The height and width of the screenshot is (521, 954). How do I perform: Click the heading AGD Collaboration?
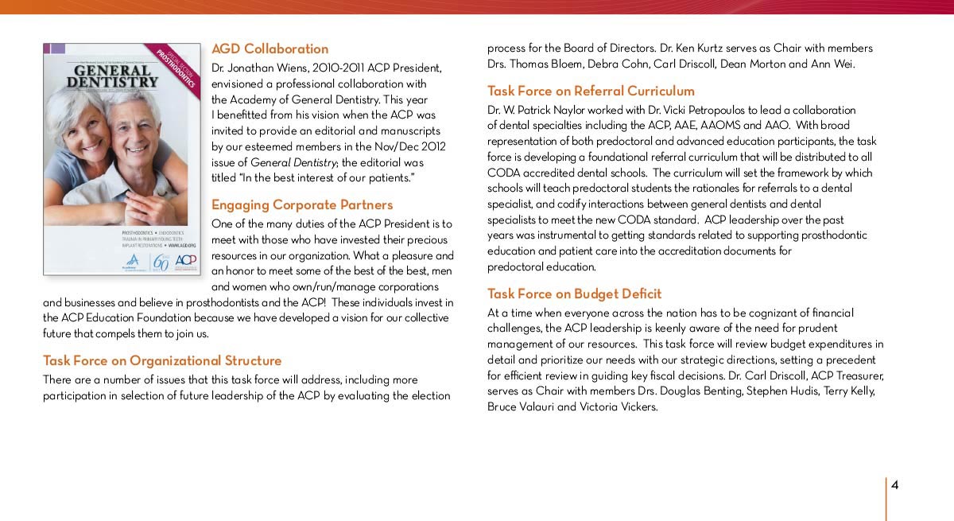click(270, 49)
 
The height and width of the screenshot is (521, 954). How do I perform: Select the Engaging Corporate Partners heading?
click(302, 204)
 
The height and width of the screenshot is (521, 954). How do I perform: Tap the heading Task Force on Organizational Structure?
click(162, 360)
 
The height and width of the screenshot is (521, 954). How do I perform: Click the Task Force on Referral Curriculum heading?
click(591, 91)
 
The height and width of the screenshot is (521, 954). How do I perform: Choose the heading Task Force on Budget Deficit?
click(574, 294)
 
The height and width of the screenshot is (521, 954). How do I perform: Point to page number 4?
click(894, 485)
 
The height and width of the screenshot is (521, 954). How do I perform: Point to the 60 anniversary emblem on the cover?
click(160, 262)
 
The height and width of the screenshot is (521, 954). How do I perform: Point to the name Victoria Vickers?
click(611, 406)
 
